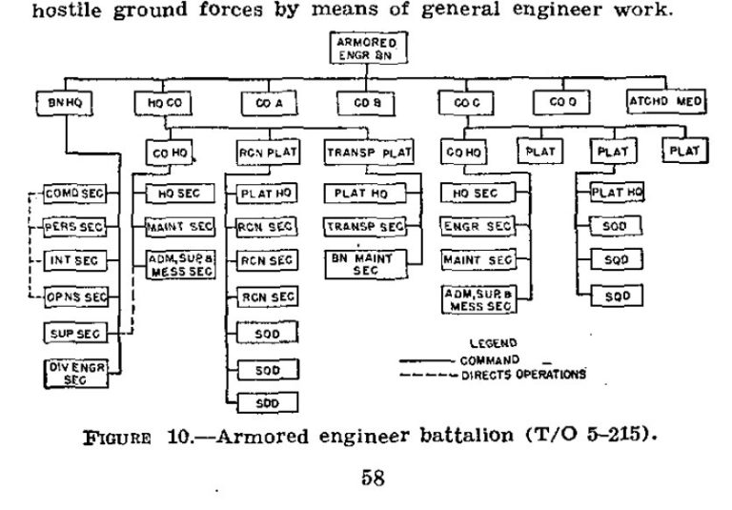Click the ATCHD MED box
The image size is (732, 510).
point(665,101)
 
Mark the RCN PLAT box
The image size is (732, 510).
point(263,152)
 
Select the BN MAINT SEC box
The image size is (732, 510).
point(366,263)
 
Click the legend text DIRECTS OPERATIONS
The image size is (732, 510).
point(522,375)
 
